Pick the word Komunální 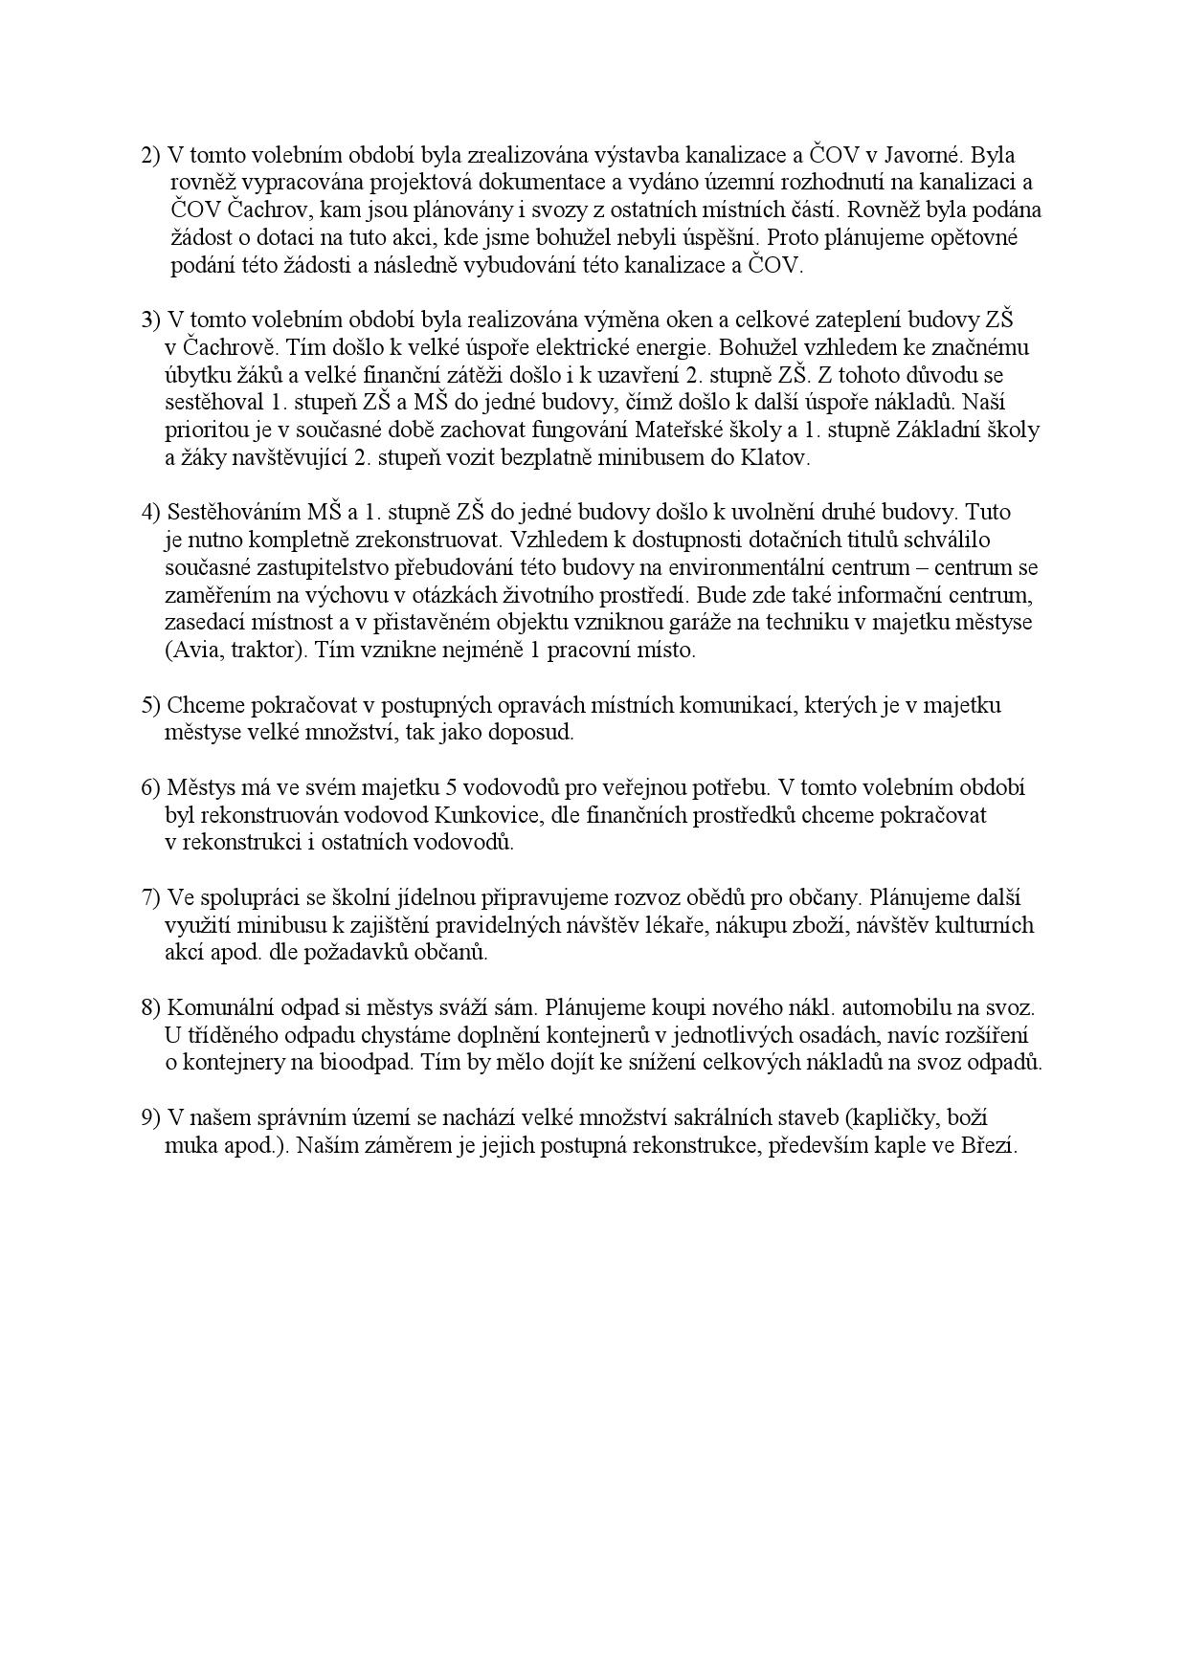216,1007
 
